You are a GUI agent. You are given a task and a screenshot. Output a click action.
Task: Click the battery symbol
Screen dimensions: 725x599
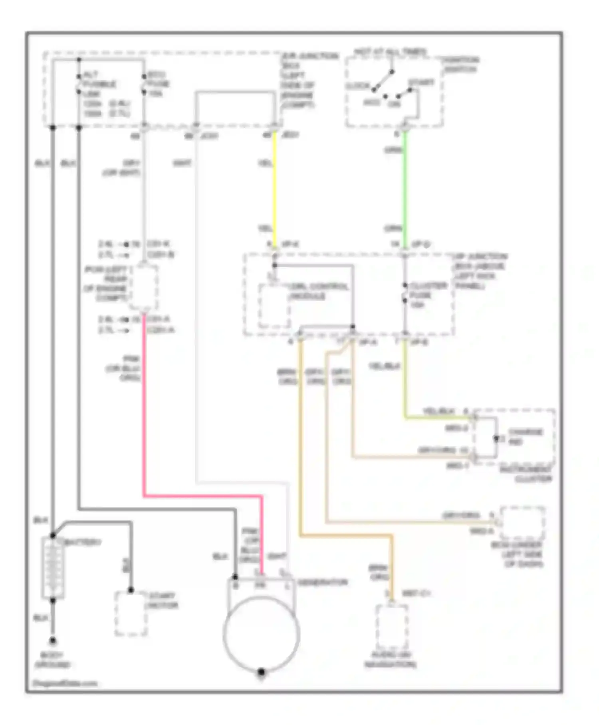tap(53, 568)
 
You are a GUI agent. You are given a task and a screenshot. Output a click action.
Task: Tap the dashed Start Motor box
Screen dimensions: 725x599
tap(131, 614)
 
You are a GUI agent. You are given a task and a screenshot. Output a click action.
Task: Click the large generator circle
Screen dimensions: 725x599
tap(262, 633)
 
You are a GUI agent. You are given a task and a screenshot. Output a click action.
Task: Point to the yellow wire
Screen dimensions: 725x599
tap(275, 188)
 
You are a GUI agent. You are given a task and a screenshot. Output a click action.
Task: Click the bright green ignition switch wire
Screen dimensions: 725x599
tap(405, 188)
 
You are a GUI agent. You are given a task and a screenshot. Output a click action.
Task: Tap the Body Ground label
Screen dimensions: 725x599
tap(52, 660)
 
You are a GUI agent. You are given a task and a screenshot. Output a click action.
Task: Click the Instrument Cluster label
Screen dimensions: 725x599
tap(526, 474)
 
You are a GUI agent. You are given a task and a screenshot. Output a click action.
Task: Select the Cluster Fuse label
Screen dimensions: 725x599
tap(422, 295)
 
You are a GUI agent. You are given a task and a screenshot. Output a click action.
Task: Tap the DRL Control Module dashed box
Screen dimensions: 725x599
tap(274, 306)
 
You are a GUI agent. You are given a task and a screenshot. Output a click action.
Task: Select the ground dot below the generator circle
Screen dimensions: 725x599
tap(261, 672)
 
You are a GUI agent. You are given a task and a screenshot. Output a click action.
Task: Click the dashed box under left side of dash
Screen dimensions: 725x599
tap(522, 523)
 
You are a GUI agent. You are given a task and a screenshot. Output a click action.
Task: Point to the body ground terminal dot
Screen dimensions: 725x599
tap(53, 641)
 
